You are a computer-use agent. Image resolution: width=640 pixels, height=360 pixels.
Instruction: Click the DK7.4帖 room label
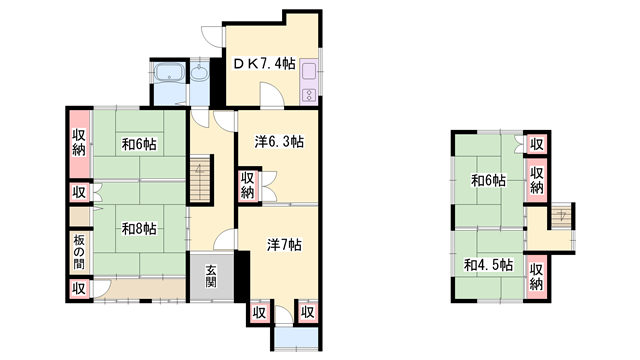(x=264, y=63)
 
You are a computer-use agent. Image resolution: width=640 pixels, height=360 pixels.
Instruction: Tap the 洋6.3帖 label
(x=279, y=142)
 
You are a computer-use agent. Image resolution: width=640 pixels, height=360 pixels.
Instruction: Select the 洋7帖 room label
(x=284, y=245)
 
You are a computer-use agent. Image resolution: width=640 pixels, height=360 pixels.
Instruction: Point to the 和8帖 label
(x=139, y=229)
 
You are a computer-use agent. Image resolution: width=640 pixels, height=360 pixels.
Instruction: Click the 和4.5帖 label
(x=489, y=265)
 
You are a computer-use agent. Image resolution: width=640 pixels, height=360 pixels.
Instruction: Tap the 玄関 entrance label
(x=211, y=276)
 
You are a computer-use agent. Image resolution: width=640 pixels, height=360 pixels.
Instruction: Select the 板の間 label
(x=79, y=253)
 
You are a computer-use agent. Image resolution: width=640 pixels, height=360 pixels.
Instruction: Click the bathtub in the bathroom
(x=169, y=72)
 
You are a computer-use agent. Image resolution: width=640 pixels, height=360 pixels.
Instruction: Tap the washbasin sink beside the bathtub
(x=199, y=73)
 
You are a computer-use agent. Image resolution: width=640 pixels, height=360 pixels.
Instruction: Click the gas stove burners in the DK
(x=309, y=96)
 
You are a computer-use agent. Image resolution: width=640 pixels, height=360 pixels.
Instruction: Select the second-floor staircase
(x=561, y=217)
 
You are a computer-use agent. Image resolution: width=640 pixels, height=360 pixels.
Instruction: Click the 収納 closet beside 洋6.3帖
(x=248, y=185)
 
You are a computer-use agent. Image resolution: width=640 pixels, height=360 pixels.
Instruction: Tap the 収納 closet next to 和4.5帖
(x=536, y=276)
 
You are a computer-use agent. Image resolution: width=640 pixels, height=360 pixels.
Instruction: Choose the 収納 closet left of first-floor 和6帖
(x=79, y=143)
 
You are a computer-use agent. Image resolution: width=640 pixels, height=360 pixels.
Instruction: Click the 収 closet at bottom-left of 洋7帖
(x=259, y=313)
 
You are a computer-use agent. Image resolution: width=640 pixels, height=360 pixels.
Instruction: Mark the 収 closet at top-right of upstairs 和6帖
(x=537, y=144)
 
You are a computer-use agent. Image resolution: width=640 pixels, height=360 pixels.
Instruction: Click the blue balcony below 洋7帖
(x=296, y=337)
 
